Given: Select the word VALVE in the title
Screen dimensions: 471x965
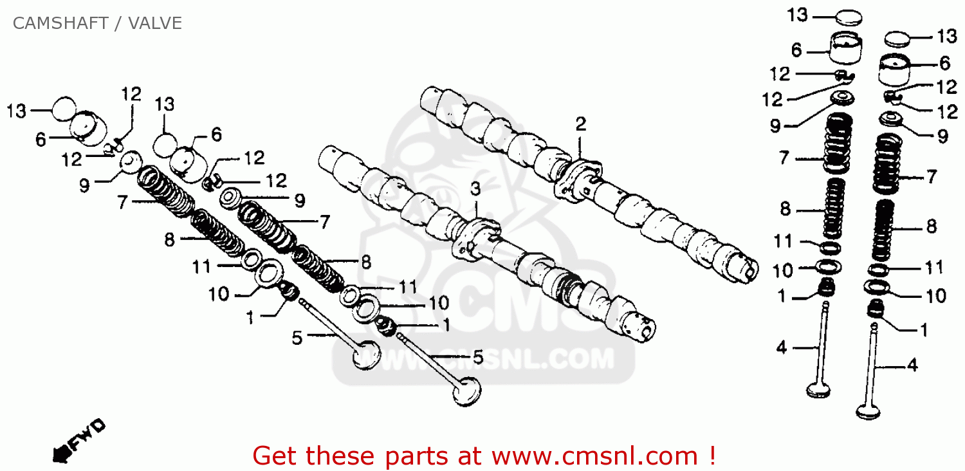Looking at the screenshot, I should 155,24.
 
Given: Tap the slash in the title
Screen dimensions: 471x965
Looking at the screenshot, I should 120,24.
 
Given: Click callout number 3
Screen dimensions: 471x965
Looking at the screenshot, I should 475,189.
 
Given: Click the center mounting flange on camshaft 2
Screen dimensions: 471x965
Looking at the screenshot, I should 577,177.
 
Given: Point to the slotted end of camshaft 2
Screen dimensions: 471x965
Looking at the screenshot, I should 746,266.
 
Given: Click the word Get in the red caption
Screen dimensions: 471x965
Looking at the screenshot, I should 275,456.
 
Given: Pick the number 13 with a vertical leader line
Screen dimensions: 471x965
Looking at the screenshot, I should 165,104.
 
